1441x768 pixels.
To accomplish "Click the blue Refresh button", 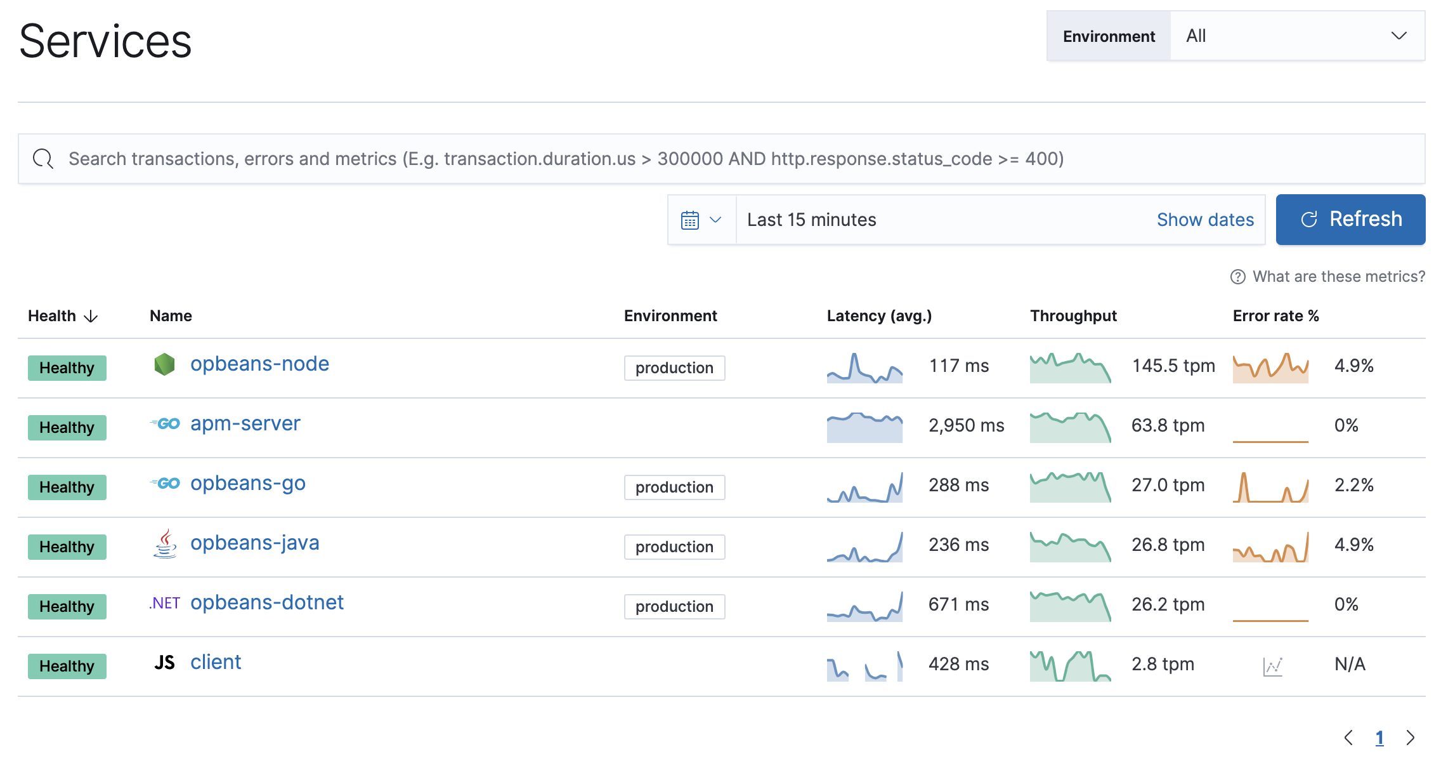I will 1350,220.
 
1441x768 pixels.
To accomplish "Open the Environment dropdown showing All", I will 1296,36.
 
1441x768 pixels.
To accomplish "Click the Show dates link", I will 1205,220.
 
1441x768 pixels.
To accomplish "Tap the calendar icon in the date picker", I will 690,220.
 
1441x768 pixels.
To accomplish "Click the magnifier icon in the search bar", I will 43,159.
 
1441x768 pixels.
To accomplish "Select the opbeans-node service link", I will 259,364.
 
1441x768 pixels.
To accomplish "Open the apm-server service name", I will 245,423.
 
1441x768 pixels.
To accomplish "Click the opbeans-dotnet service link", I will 266,602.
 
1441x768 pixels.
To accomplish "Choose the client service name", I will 216,662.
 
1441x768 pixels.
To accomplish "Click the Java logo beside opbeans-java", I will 165,544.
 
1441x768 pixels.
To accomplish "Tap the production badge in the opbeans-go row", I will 674,487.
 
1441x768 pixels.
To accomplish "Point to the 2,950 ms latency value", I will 966,425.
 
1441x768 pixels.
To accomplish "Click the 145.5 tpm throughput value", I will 1173,366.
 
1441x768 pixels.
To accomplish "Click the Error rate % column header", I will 1275,316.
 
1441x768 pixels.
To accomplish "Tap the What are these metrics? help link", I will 1338,277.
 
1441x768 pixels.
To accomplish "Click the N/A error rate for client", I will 1350,664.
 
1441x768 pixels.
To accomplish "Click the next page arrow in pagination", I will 1410,738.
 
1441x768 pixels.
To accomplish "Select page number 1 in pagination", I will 1379,738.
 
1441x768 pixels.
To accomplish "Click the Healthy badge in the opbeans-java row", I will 67,547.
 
